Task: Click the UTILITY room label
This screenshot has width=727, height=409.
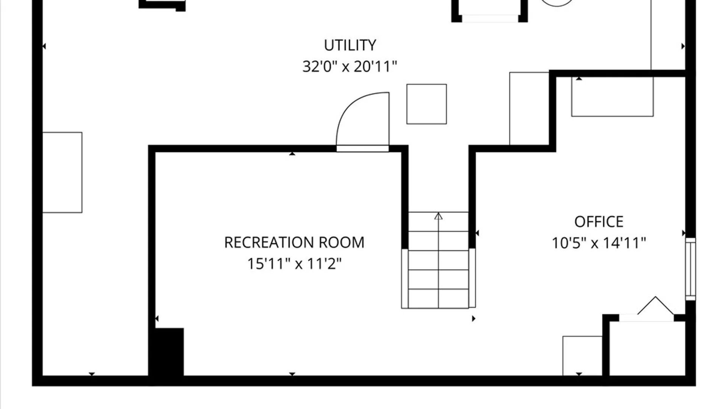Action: click(350, 45)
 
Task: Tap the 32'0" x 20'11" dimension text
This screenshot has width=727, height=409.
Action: click(349, 67)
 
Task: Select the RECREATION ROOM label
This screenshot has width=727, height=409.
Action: click(294, 242)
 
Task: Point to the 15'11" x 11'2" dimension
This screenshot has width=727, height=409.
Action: click(294, 264)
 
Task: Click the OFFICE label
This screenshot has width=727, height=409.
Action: click(599, 222)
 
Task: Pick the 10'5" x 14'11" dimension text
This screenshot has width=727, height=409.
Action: click(599, 243)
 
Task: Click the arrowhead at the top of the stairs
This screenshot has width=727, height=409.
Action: click(438, 216)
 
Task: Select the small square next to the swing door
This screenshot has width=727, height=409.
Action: click(426, 104)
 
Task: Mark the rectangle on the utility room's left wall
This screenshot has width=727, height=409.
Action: click(62, 172)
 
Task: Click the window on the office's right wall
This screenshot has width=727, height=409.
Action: click(691, 269)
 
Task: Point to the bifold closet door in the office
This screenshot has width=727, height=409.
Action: click(655, 307)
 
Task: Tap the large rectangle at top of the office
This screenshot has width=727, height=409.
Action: click(612, 97)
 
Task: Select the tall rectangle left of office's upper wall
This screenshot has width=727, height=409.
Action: click(529, 108)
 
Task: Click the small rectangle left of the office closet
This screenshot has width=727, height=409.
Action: click(582, 356)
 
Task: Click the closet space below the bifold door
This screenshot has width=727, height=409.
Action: click(647, 348)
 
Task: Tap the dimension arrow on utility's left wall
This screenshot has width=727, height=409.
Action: click(44, 46)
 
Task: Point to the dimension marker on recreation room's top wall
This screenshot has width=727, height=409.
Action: click(292, 153)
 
